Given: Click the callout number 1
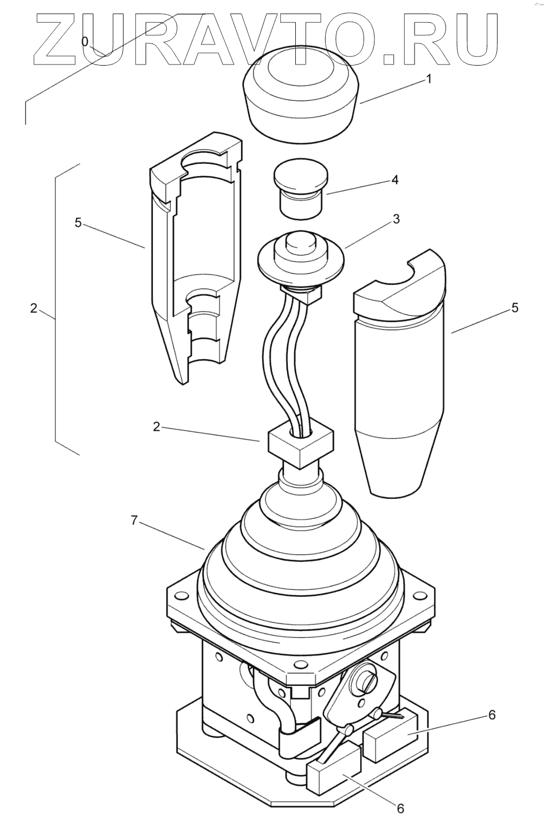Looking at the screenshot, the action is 429,79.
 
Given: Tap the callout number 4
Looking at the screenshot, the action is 395,179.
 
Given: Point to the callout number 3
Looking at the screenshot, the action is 396,219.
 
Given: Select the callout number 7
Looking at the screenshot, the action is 134,520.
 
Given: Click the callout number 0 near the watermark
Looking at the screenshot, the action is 85,41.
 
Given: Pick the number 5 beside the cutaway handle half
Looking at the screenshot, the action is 78,223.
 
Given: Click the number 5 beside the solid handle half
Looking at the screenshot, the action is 514,308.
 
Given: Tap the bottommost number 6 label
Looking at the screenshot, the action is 400,808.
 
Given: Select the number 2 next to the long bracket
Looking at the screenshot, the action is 34,308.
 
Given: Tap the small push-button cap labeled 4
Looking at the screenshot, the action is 301,190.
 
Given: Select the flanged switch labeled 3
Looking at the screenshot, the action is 301,258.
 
